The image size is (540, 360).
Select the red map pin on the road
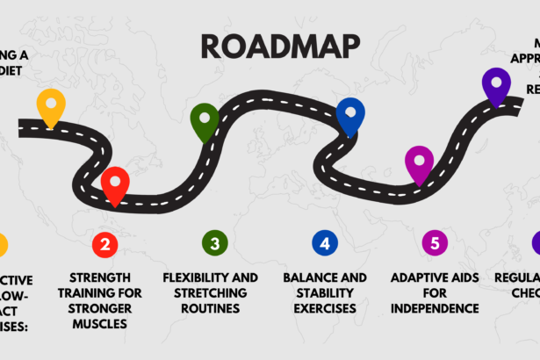coord(115,184)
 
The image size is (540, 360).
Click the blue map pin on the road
coord(350,114)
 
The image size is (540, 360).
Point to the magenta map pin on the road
coord(419,162)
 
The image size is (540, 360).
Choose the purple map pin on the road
coord(496,85)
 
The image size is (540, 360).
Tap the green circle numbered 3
coord(214,243)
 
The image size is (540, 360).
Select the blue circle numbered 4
coord(325,243)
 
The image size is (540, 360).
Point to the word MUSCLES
coord(104,324)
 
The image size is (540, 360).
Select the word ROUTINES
coord(211,309)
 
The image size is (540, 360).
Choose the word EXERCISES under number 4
coord(325,309)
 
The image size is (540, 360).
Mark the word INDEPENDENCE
coord(436,308)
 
